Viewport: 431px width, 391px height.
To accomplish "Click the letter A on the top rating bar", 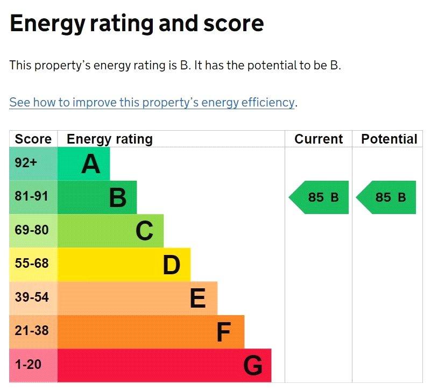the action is click(91, 164).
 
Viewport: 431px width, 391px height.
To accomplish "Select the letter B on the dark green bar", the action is click(118, 197).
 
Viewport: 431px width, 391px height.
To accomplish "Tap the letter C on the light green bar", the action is click(144, 231).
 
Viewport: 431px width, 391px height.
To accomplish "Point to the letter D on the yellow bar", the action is click(172, 265).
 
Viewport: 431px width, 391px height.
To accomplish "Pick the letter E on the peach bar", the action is click(197, 298).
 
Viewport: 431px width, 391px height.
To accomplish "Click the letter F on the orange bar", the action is click(224, 332).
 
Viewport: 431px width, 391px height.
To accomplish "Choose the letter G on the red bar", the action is click(252, 365).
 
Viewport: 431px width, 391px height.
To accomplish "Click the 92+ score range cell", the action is click(33, 163).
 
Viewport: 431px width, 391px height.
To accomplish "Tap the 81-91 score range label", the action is click(32, 196).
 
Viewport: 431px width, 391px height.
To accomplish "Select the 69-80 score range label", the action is click(32, 230).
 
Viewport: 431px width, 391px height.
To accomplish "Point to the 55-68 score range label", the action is click(32, 263).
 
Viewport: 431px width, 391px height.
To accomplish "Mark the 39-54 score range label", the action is click(32, 297).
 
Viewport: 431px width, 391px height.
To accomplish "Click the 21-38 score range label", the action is click(32, 331).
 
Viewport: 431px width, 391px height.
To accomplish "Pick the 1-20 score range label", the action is click(28, 364).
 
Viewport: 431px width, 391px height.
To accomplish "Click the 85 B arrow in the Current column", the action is click(319, 197).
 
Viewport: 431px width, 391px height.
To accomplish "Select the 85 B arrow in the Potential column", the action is click(386, 197).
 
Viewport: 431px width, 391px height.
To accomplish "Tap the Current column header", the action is click(319, 139).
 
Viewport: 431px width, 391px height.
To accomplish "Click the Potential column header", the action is click(389, 139).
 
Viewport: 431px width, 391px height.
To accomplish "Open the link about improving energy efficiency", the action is click(152, 103).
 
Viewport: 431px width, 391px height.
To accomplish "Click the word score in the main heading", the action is click(234, 24).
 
